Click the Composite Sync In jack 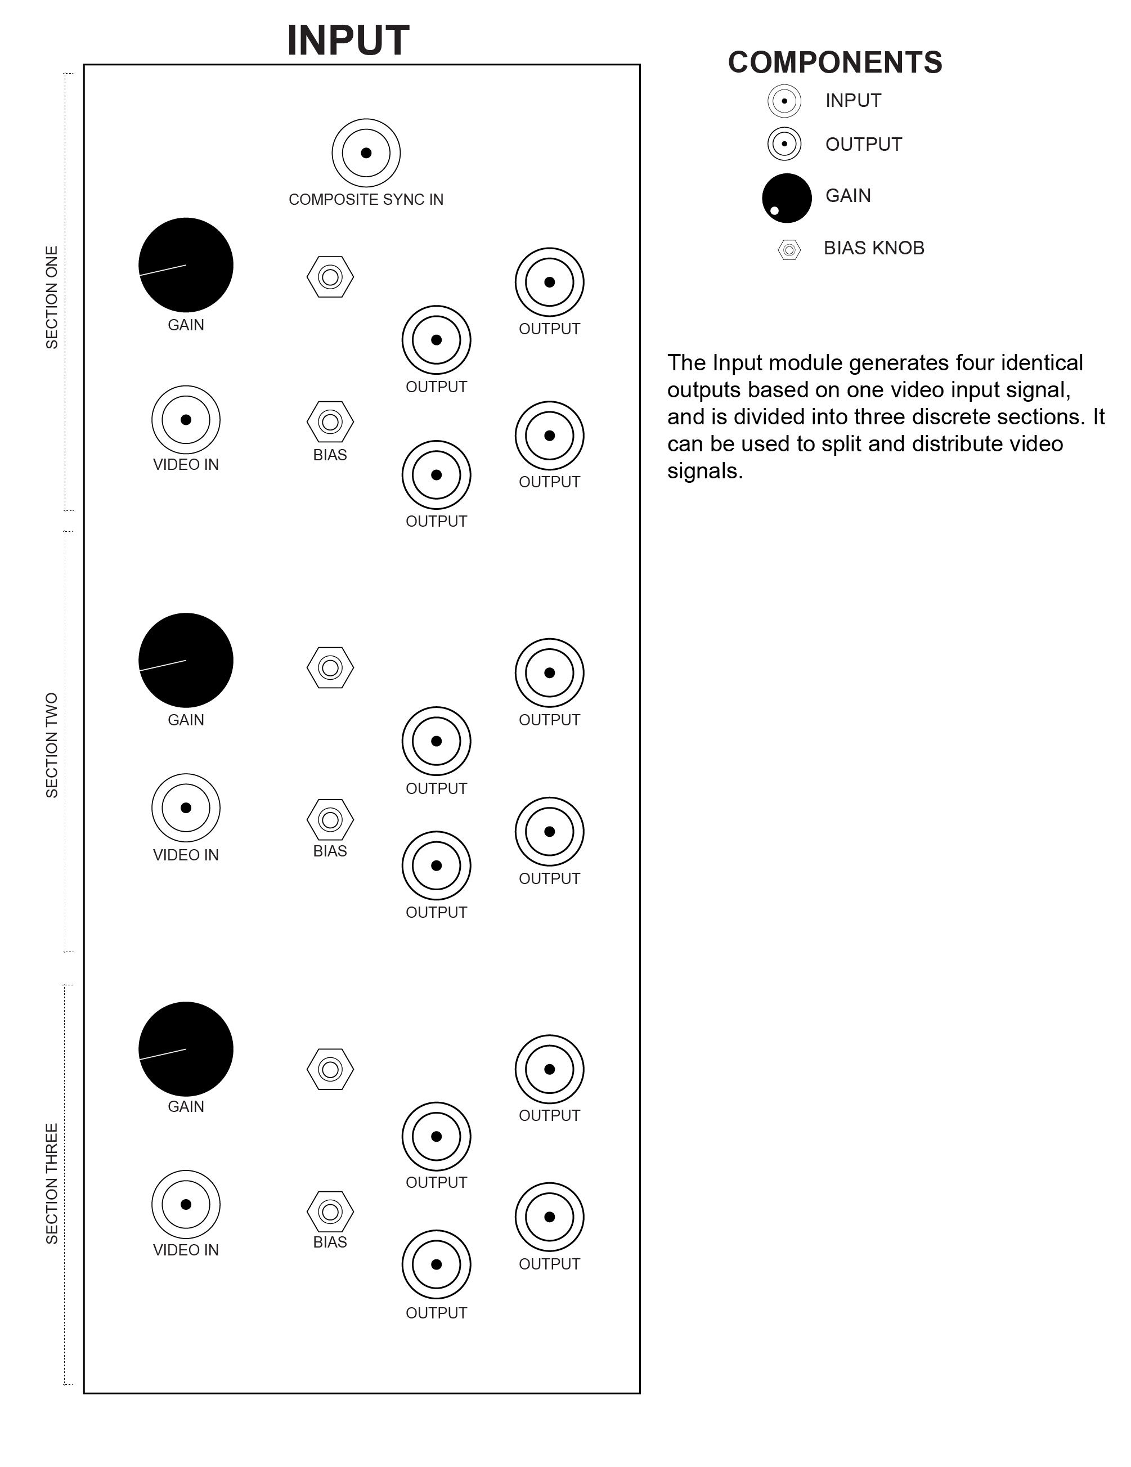366,153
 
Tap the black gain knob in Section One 186,266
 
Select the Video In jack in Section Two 186,807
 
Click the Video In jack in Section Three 186,1204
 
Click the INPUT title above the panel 348,41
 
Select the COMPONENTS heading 835,62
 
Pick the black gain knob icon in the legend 787,198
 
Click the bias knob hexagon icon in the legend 789,250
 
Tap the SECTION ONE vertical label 52,298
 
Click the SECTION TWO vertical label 52,746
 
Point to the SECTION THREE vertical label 52,1183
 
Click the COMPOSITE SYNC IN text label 366,200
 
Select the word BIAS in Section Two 330,851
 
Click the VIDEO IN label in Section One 186,465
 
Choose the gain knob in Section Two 186,660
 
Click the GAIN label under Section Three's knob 186,1106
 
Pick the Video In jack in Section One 186,420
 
